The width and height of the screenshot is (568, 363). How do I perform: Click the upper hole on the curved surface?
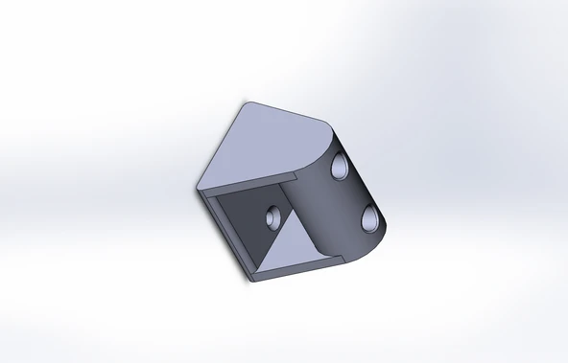pos(341,169)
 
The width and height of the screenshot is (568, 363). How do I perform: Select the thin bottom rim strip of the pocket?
pos(288,274)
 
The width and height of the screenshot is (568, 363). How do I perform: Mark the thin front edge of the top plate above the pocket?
pos(249,185)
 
